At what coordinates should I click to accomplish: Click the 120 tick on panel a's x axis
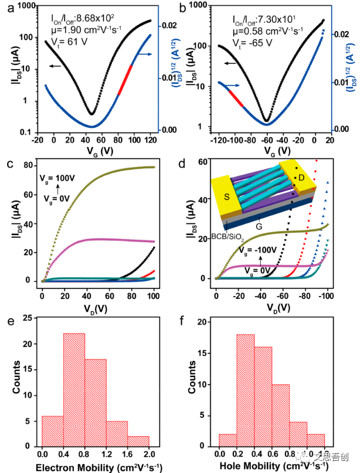click(x=150, y=141)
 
